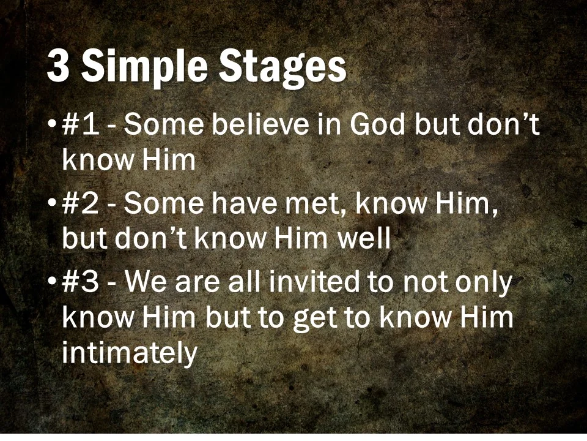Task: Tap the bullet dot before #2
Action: tap(52, 205)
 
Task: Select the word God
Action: tap(378, 126)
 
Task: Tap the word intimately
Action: tap(130, 353)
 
